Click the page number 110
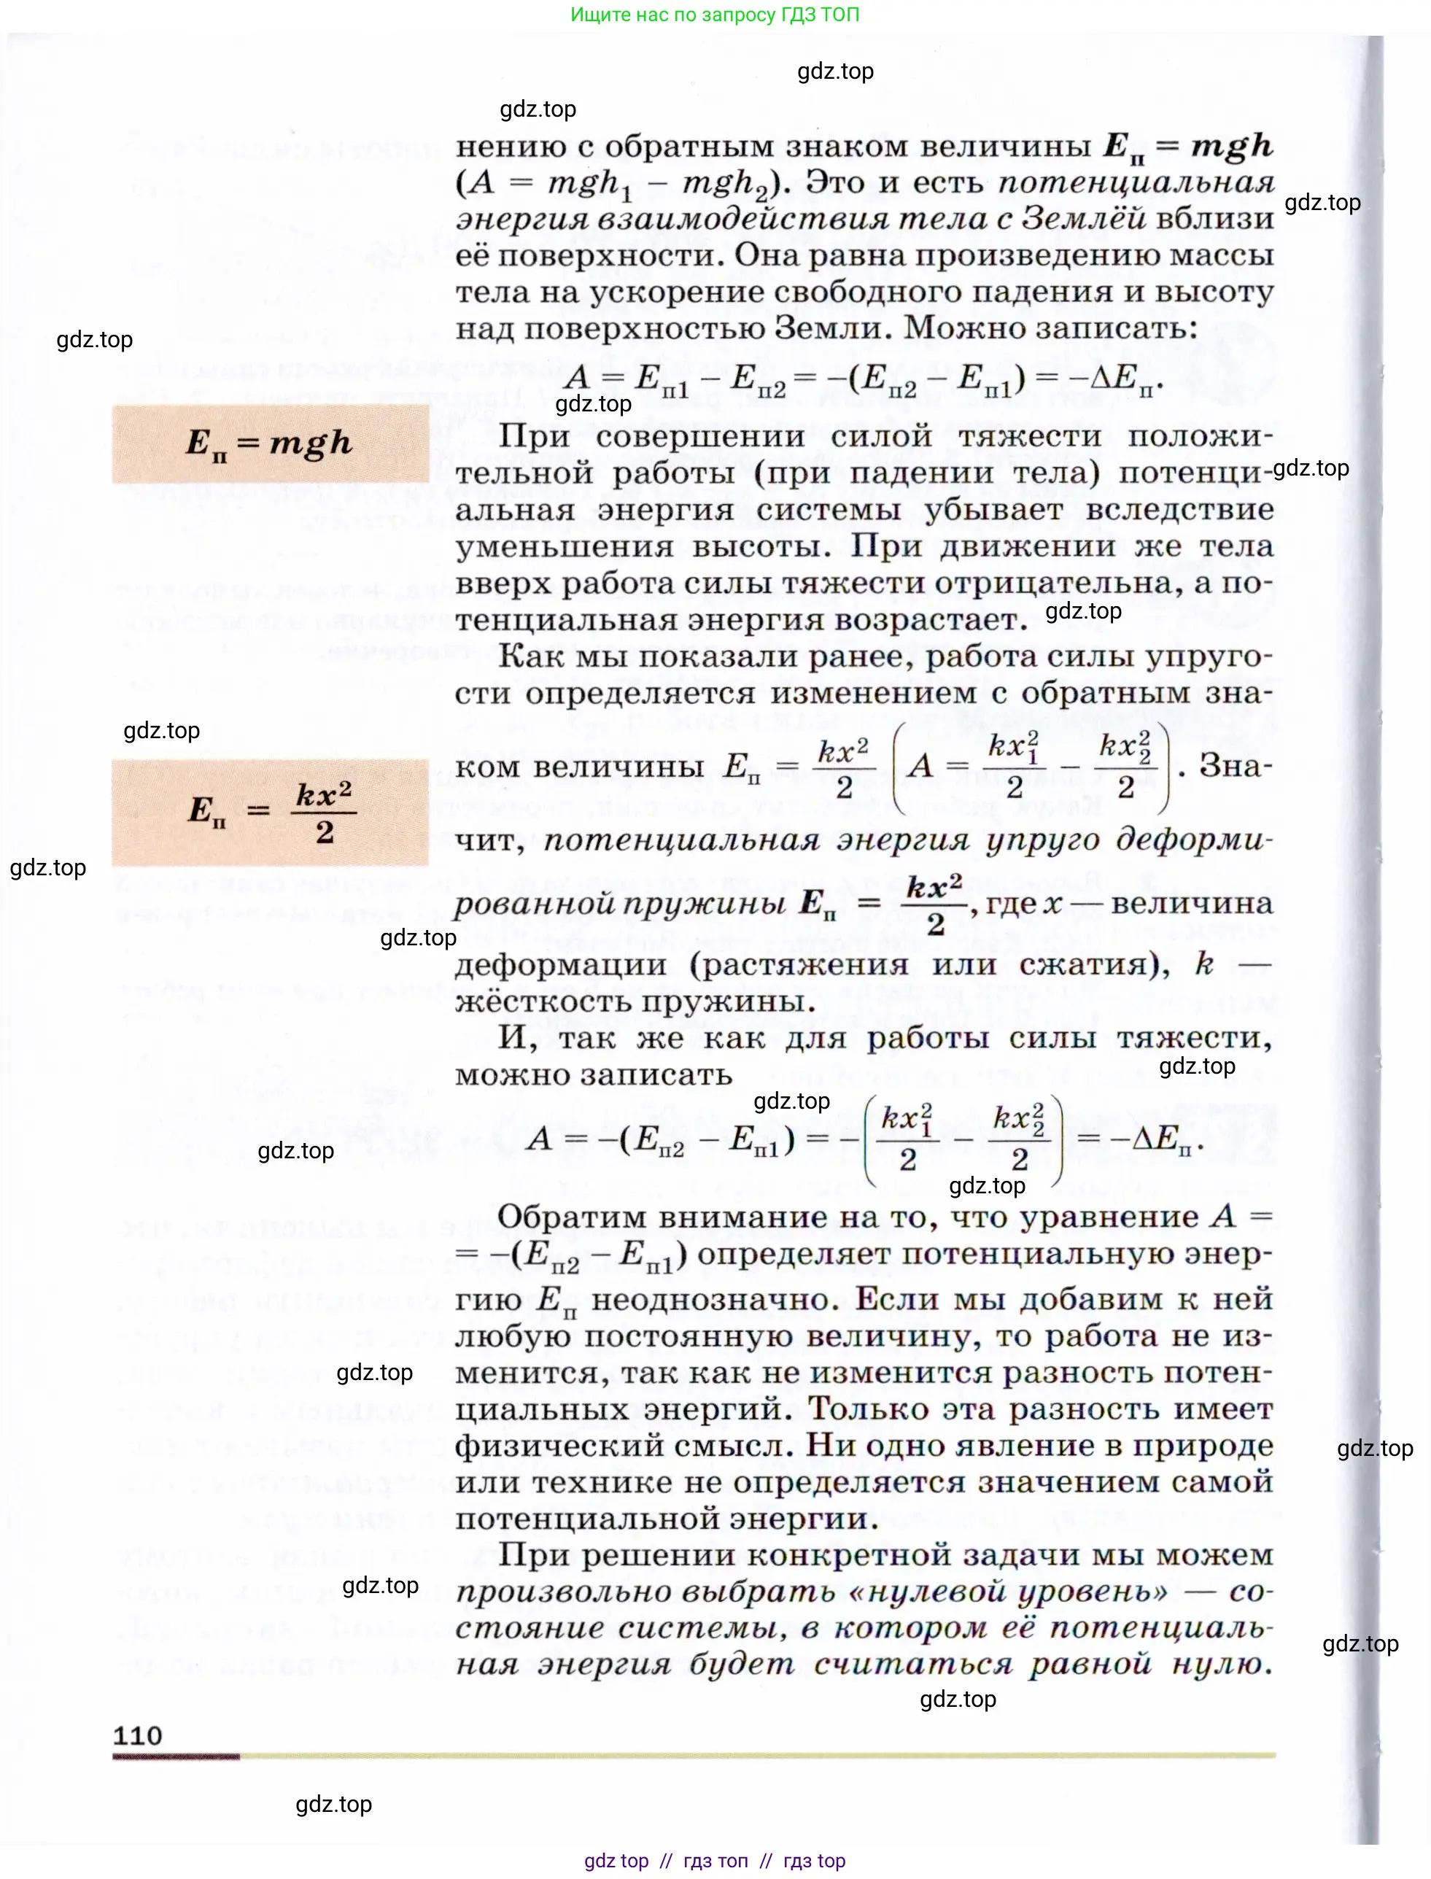pyautogui.click(x=137, y=1735)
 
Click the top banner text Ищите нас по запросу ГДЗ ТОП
pyautogui.click(x=715, y=15)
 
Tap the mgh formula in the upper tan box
pyautogui.click(x=269, y=443)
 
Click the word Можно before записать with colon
pyautogui.click(x=955, y=328)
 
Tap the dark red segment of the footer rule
pyautogui.click(x=177, y=1756)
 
